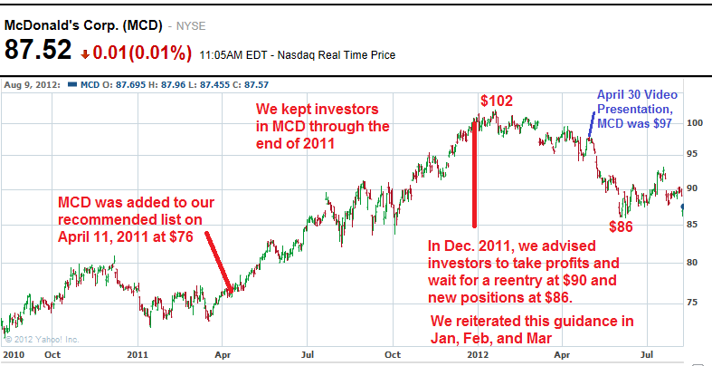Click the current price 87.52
click(x=38, y=52)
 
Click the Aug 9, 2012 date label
click(x=33, y=85)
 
